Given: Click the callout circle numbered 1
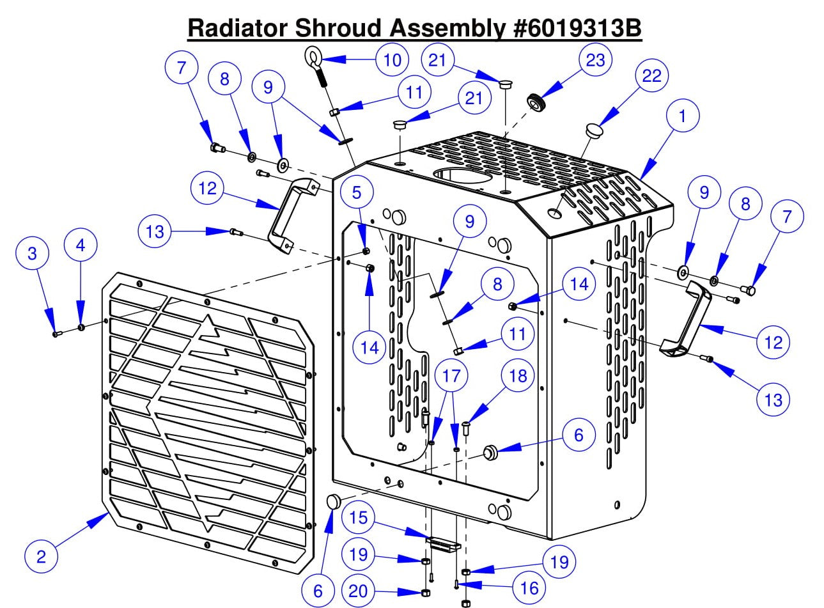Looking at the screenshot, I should [683, 116].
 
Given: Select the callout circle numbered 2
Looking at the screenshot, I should [42, 556].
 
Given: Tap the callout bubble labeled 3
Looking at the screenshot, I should [33, 253].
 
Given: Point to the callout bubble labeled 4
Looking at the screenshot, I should [81, 245].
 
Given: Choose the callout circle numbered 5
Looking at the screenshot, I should [357, 192].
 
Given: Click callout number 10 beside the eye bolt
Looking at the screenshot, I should [392, 59].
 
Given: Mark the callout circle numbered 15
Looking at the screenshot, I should [359, 517].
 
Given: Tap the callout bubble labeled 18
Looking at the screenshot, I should [517, 375].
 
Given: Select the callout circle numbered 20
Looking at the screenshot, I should [358, 591].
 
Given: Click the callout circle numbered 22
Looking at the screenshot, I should [651, 75].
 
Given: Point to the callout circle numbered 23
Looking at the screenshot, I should [595, 59].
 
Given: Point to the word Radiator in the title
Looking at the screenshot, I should [237, 27].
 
